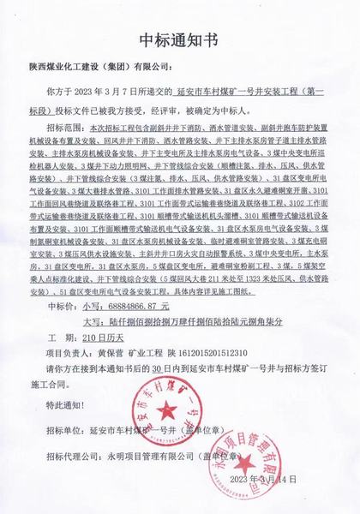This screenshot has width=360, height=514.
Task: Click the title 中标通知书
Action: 180,39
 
